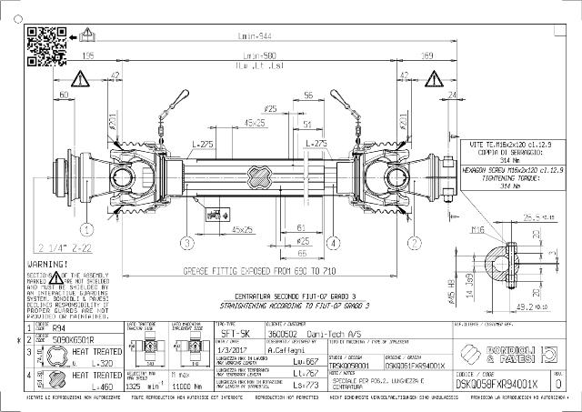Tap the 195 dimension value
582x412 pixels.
click(89, 55)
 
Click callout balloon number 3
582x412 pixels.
click(186, 242)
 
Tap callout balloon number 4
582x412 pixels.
click(334, 242)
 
